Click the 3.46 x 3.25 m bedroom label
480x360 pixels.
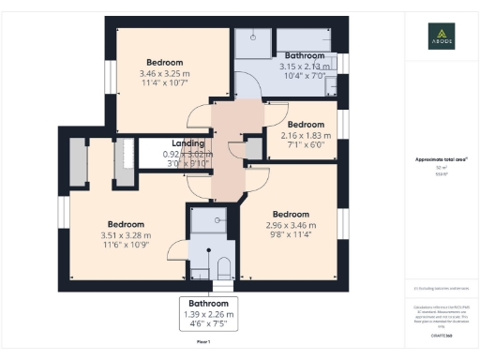[x=164, y=72]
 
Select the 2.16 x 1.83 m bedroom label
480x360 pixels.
[x=305, y=134]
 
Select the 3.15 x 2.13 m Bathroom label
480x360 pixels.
[x=304, y=61]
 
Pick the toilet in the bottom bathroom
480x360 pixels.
[x=223, y=268]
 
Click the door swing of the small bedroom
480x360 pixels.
[x=275, y=114]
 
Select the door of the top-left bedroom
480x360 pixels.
[x=199, y=119]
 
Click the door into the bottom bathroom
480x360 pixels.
[x=175, y=249]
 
